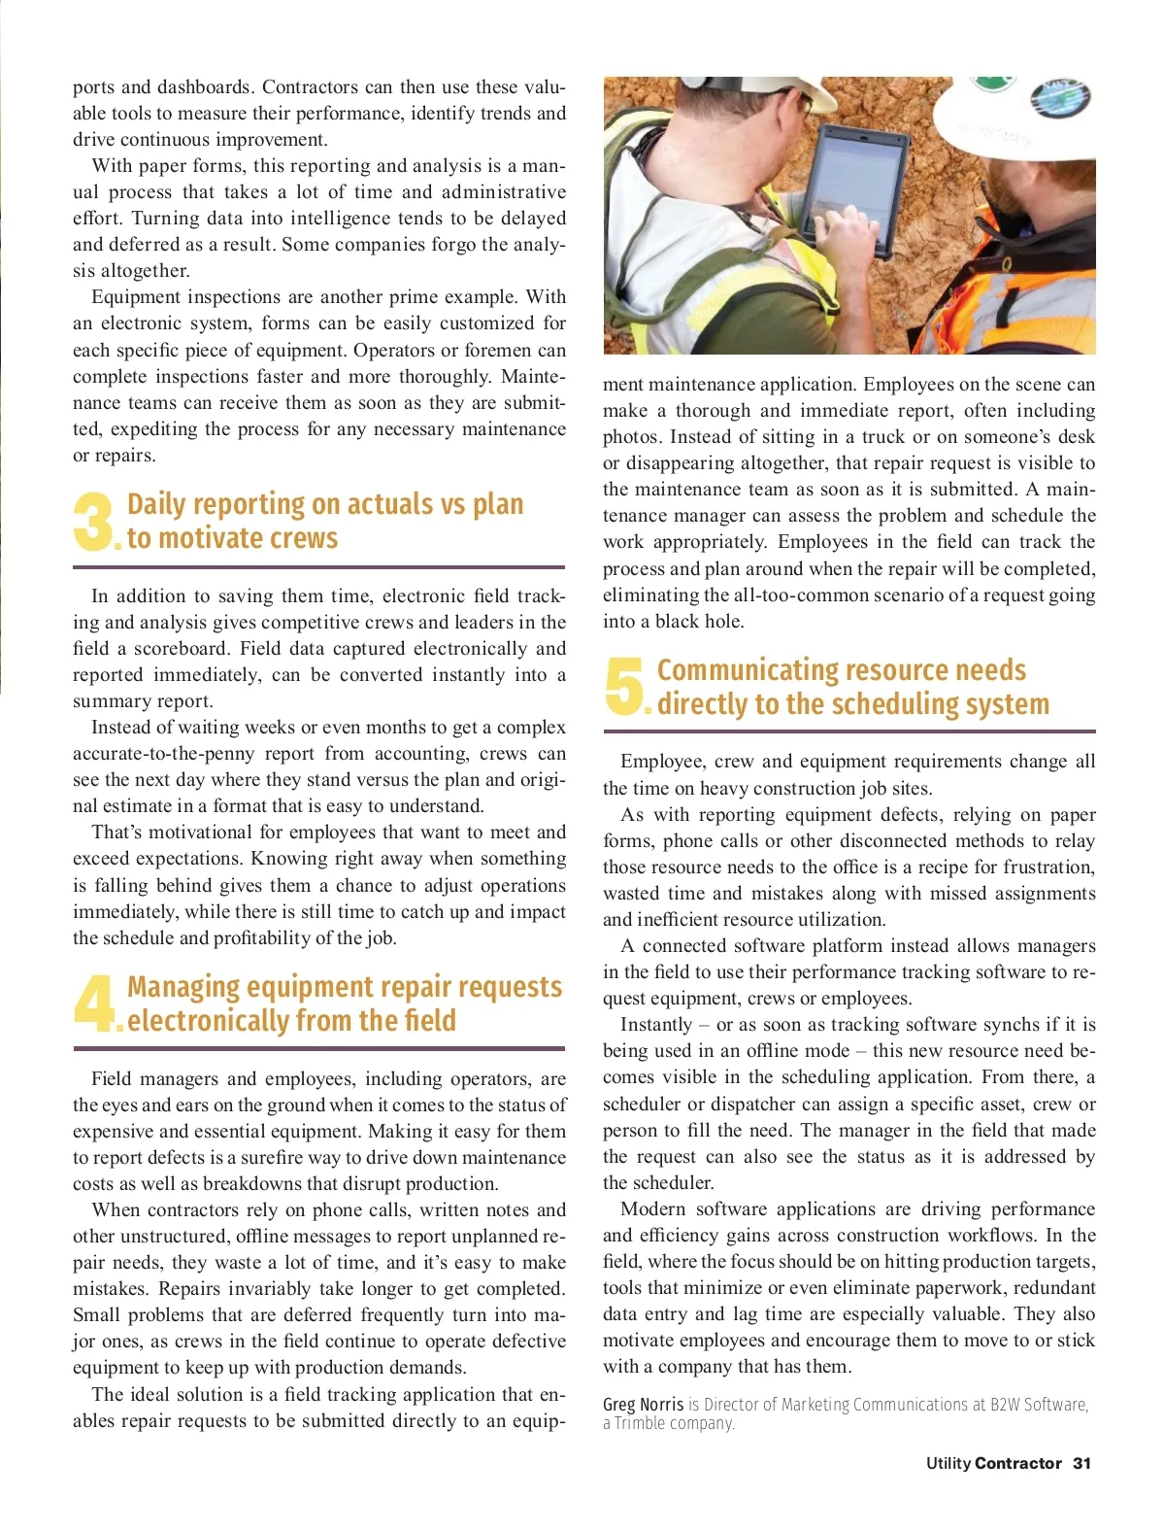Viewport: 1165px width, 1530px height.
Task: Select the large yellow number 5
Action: (x=623, y=686)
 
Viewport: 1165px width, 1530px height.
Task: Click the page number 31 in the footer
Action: (x=1082, y=1463)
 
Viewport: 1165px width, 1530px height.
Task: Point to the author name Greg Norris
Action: (x=643, y=1405)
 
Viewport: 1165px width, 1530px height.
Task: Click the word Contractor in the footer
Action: (x=1017, y=1463)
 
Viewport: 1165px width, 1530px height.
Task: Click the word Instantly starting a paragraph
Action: (x=656, y=1025)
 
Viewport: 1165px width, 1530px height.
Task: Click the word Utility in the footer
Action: (x=948, y=1463)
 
